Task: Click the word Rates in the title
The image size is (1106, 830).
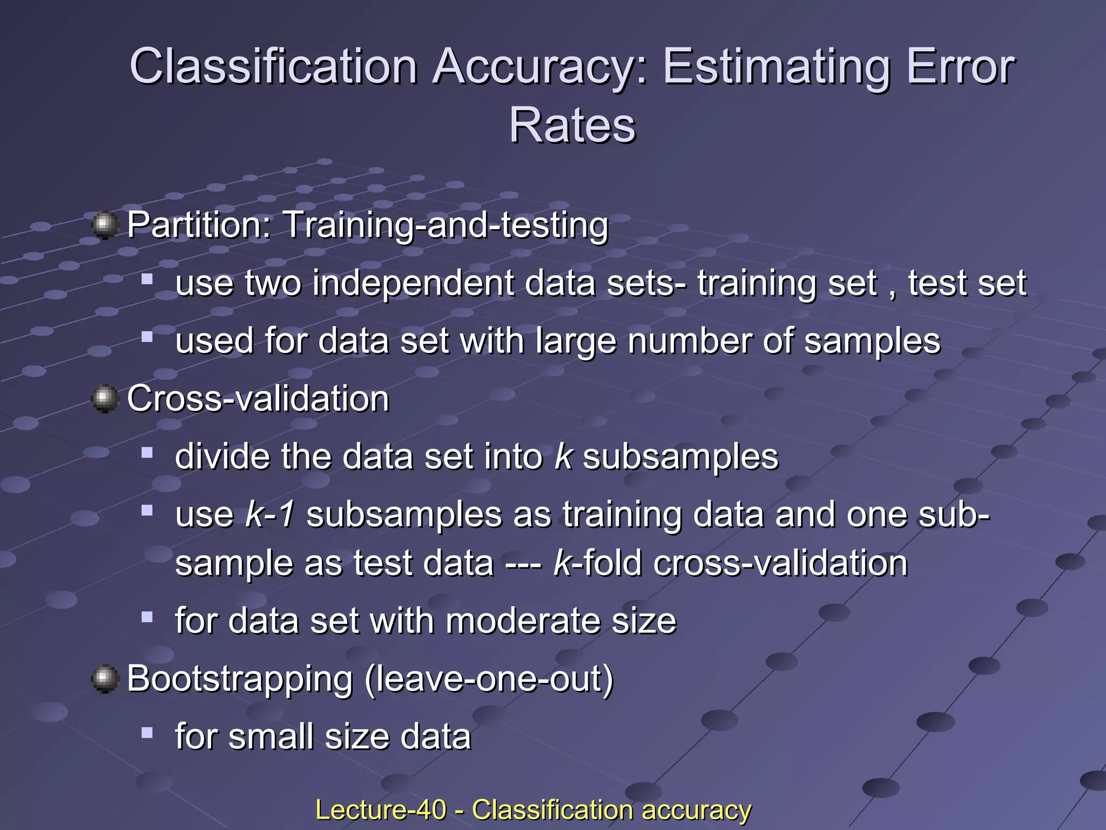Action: [572, 126]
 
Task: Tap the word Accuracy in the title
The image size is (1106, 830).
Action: [539, 68]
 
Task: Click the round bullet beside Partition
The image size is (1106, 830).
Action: [105, 225]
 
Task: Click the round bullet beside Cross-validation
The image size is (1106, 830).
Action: [105, 399]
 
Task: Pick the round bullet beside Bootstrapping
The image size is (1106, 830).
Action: [105, 679]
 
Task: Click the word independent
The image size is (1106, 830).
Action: [413, 283]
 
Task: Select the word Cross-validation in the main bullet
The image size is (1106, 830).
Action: [258, 399]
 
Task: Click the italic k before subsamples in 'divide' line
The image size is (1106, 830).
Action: [563, 457]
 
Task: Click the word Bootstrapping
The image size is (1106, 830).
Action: [240, 679]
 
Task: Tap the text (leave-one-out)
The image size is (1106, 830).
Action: [489, 679]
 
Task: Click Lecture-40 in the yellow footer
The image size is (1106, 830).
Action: [381, 809]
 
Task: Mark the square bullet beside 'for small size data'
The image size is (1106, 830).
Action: [147, 733]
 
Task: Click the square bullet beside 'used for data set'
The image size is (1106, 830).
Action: [147, 337]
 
